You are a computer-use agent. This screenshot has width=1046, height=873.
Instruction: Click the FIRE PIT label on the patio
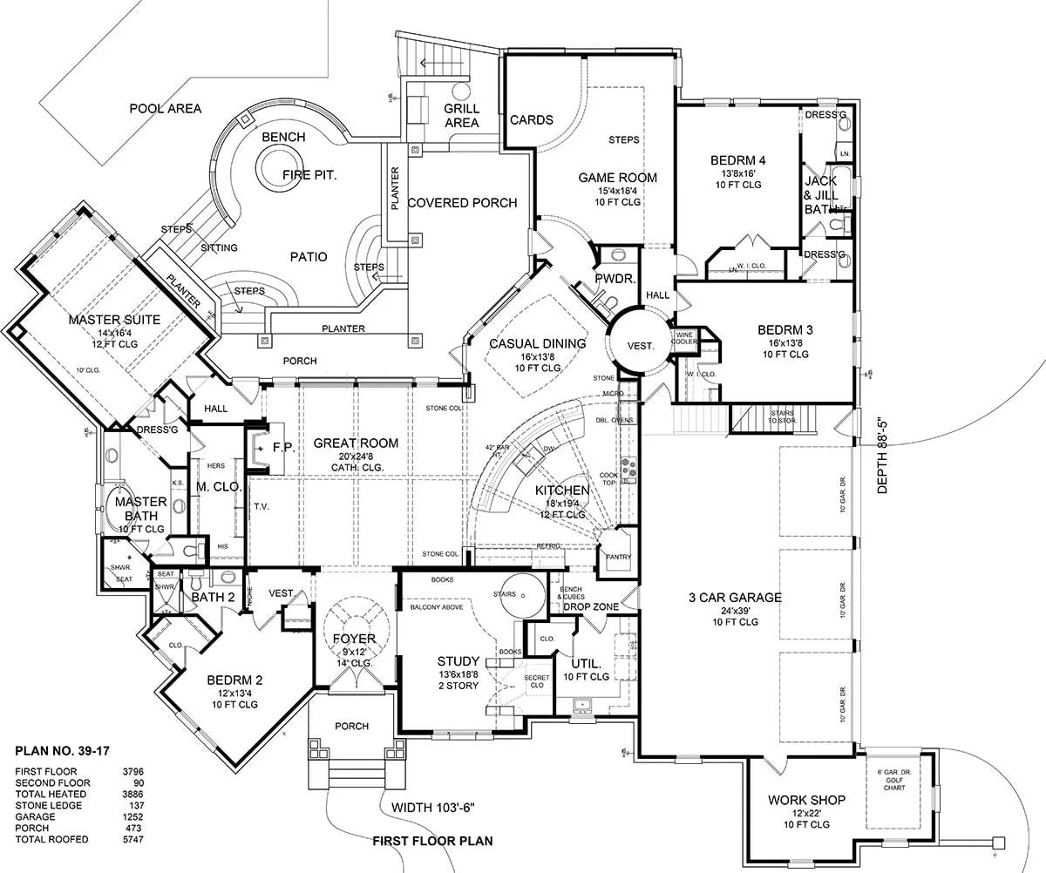[309, 175]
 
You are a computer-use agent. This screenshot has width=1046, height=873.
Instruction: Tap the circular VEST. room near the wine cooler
[640, 346]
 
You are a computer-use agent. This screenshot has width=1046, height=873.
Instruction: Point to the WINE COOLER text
[684, 338]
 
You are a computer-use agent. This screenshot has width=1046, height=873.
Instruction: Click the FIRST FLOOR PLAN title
[432, 841]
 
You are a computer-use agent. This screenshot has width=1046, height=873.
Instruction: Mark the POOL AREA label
[166, 109]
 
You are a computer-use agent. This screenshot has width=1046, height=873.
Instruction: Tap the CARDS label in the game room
[531, 120]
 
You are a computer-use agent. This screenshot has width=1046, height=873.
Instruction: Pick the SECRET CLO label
[534, 682]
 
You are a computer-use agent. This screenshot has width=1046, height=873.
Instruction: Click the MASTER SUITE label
[117, 320]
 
